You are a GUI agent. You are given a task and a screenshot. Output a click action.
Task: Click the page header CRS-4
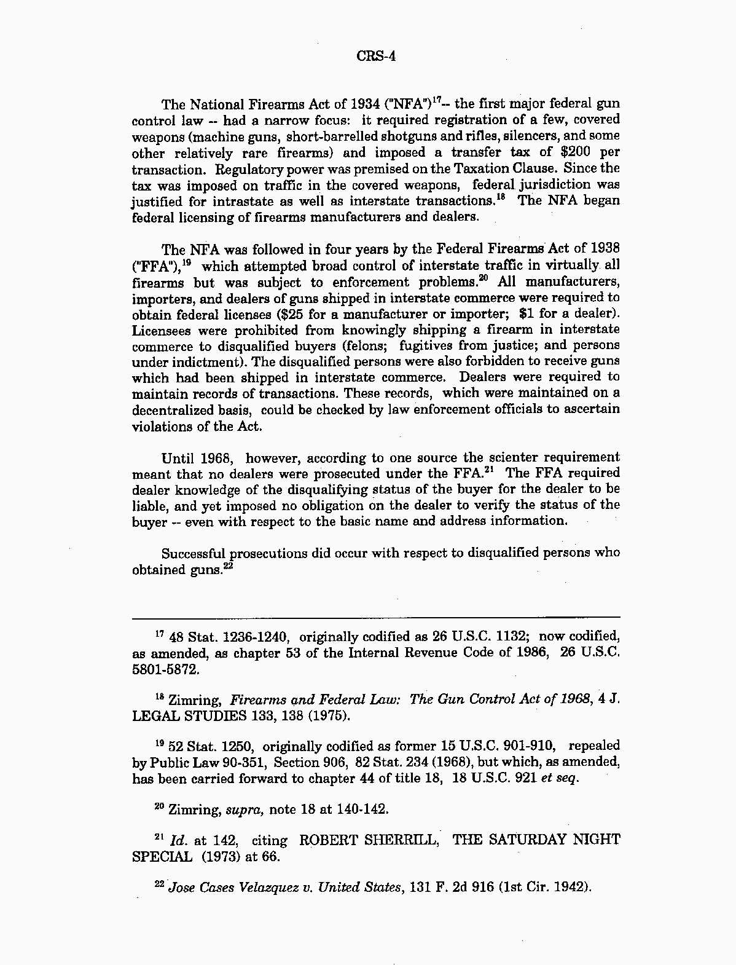375,57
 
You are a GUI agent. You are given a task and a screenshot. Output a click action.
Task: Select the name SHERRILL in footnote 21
404,840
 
